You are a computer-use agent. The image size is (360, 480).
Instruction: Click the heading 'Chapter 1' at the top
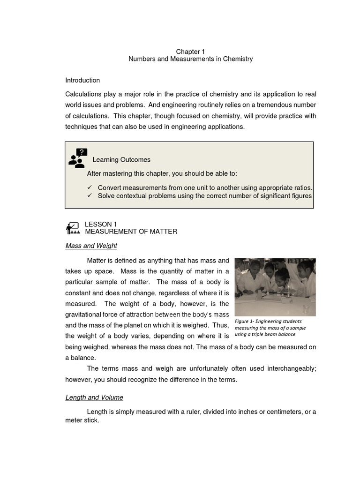coord(190,51)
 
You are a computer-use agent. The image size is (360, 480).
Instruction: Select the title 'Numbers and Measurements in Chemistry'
coord(190,59)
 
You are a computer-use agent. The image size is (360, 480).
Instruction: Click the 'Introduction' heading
coord(82,80)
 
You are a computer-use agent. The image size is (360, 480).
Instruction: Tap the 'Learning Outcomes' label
coord(121,160)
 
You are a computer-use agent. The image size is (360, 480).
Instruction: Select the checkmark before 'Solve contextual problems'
coord(90,196)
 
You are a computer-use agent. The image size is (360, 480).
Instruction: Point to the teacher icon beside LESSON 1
coord(73,228)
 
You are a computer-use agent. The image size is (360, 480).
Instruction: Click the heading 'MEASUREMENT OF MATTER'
coord(131,232)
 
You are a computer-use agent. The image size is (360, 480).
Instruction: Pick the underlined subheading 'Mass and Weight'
coord(91,246)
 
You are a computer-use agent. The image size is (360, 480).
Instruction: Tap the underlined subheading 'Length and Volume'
coord(94,397)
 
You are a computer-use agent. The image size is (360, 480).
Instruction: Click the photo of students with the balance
coord(275,287)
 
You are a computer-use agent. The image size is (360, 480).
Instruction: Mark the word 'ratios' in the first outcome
coord(302,188)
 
